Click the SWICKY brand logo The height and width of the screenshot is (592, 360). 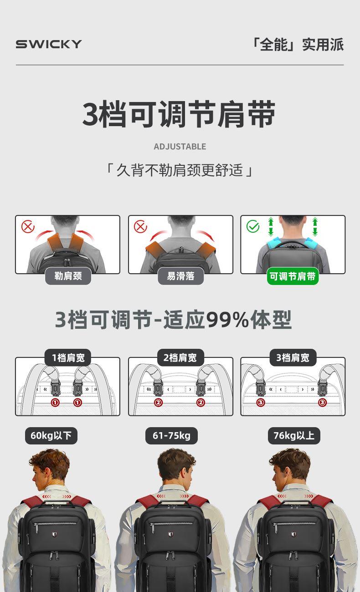[49, 44]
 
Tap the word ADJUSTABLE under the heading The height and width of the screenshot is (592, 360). [180, 147]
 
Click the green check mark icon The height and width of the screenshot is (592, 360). [253, 226]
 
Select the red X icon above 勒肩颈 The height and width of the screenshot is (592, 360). [28, 226]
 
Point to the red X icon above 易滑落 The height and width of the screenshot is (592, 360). [140, 226]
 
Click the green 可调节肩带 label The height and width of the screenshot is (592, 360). [293, 276]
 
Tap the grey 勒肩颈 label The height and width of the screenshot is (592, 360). [68, 276]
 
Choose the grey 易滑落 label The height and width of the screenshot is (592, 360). [180, 276]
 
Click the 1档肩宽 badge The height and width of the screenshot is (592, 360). [68, 357]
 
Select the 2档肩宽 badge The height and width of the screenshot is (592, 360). [180, 357]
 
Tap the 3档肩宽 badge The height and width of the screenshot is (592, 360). [293, 357]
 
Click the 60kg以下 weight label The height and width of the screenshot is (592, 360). [51, 435]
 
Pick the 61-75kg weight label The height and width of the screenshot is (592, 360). [171, 435]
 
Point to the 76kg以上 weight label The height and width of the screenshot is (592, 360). [294, 435]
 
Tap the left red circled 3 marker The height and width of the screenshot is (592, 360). [261, 403]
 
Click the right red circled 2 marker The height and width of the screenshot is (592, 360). [201, 403]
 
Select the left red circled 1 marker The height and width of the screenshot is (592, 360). [55, 403]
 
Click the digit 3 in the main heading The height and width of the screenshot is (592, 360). [91, 114]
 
